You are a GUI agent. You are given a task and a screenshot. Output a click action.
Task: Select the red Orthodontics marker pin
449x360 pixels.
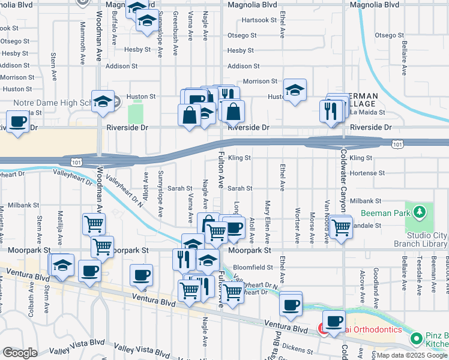tap(322, 328)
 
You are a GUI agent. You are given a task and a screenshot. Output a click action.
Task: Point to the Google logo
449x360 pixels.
tap(20, 353)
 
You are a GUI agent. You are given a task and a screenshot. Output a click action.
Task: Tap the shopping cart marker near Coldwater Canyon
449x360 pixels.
tap(341, 228)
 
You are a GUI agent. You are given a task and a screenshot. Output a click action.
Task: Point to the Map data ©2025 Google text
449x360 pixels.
tap(412, 355)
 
